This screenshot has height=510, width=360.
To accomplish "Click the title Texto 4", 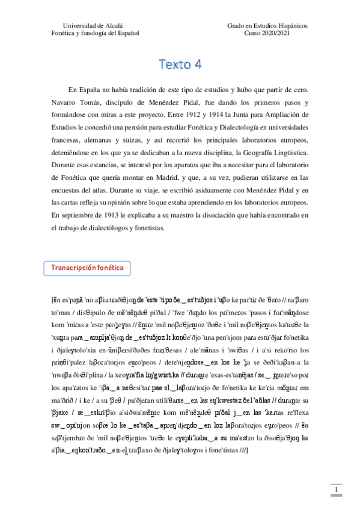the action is pyautogui.click(x=180, y=64).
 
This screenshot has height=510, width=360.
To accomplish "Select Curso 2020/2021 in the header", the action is pyautogui.click(x=267, y=34).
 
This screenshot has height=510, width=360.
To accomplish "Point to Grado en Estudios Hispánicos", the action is pyautogui.click(x=267, y=26).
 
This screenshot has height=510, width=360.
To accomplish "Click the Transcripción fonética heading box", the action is pyautogui.click(x=88, y=268).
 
